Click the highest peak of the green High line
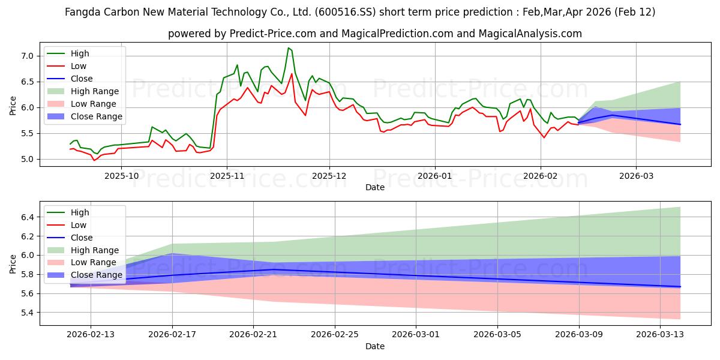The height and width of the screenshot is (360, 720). click(289, 48)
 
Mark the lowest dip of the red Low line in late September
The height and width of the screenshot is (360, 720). click(94, 160)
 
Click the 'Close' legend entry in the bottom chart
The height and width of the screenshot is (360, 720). click(82, 238)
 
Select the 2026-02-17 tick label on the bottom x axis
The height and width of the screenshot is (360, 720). click(172, 334)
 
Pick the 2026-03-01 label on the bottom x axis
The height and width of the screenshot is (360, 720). click(416, 334)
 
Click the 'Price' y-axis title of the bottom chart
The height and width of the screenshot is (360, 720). click(13, 263)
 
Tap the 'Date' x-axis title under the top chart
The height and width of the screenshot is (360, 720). click(375, 187)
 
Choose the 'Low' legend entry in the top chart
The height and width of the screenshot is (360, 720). click(79, 66)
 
